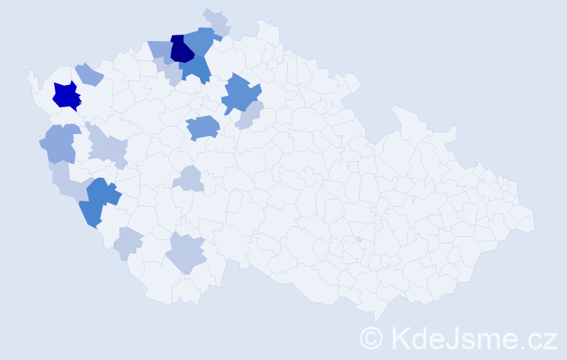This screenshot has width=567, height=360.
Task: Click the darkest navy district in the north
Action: [x=181, y=49]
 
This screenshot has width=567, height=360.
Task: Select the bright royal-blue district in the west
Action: [x=65, y=96]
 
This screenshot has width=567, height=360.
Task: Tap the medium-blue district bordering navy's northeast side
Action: [x=202, y=41]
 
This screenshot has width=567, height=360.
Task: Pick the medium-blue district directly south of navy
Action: [x=197, y=69]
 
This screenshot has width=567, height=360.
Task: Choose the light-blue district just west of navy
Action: [x=160, y=50]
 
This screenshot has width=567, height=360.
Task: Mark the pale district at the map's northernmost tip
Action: [x=215, y=19]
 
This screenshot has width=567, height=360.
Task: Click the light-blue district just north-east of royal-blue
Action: [x=89, y=73]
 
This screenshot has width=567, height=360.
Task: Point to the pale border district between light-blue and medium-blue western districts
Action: [x=65, y=177]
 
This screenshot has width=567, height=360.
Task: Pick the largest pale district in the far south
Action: [x=186, y=253]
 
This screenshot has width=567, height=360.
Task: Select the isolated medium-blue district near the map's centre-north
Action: [x=203, y=128]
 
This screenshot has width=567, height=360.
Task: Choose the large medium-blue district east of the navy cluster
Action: [x=240, y=94]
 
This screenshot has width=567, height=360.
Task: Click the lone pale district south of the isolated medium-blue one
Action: [x=191, y=177]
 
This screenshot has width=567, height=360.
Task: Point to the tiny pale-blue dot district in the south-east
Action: [x=358, y=239]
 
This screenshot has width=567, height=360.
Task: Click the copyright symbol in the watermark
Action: [x=371, y=338]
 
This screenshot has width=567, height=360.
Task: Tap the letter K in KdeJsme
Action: [x=400, y=337]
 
